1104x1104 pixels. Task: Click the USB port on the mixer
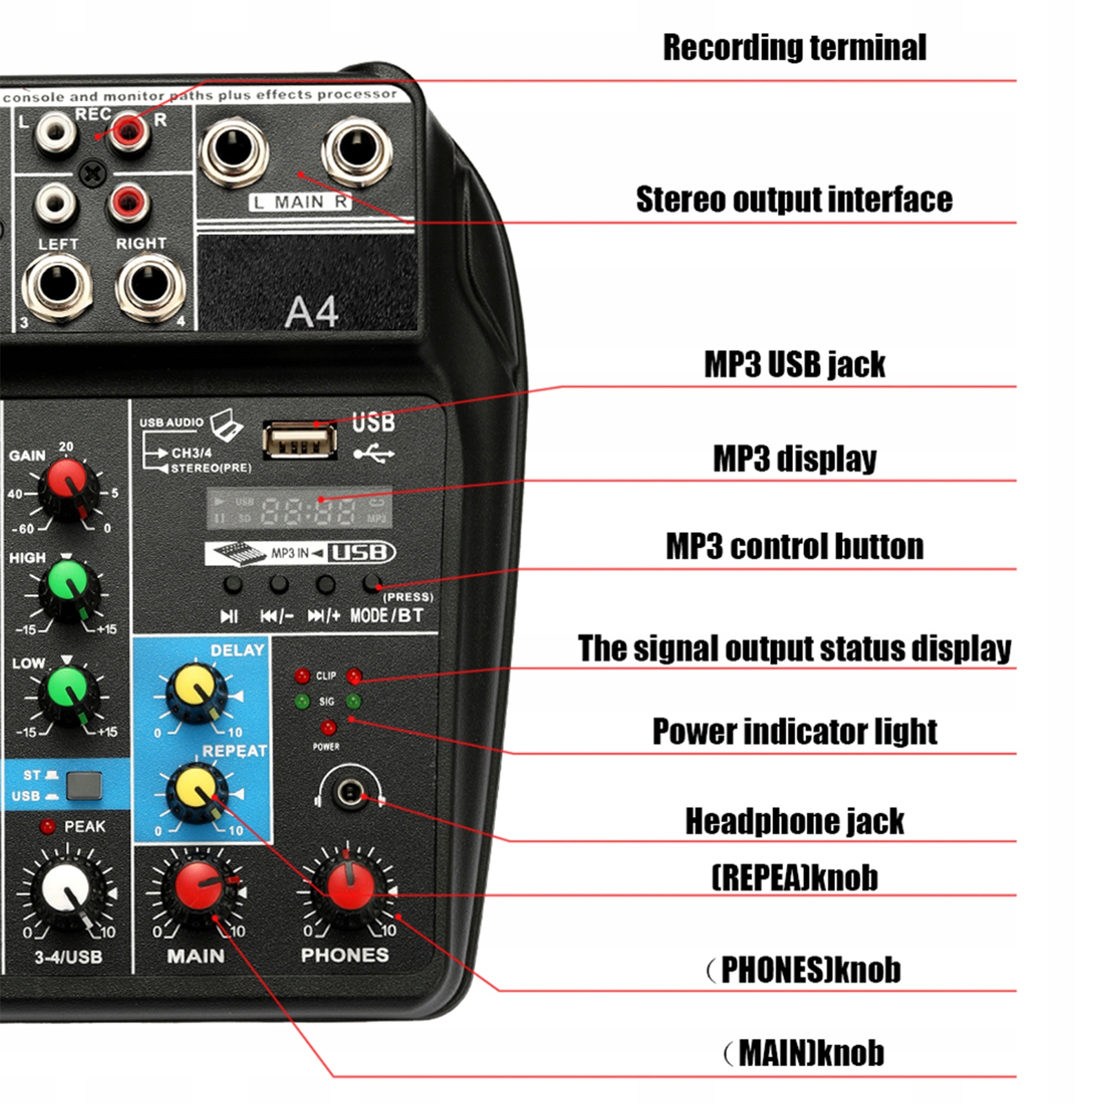tap(300, 440)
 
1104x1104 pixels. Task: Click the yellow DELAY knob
tap(195, 689)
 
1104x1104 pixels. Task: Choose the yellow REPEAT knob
tap(197, 790)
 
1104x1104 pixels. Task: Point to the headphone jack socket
tap(350, 792)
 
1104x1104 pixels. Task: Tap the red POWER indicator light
tap(328, 727)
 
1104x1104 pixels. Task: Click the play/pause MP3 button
tap(232, 585)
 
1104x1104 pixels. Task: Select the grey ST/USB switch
tap(84, 785)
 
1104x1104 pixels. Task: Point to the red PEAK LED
tap(48, 826)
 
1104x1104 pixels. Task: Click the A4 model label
tap(312, 312)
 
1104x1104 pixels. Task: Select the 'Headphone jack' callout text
tap(794, 821)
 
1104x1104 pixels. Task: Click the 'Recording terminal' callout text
tap(794, 48)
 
